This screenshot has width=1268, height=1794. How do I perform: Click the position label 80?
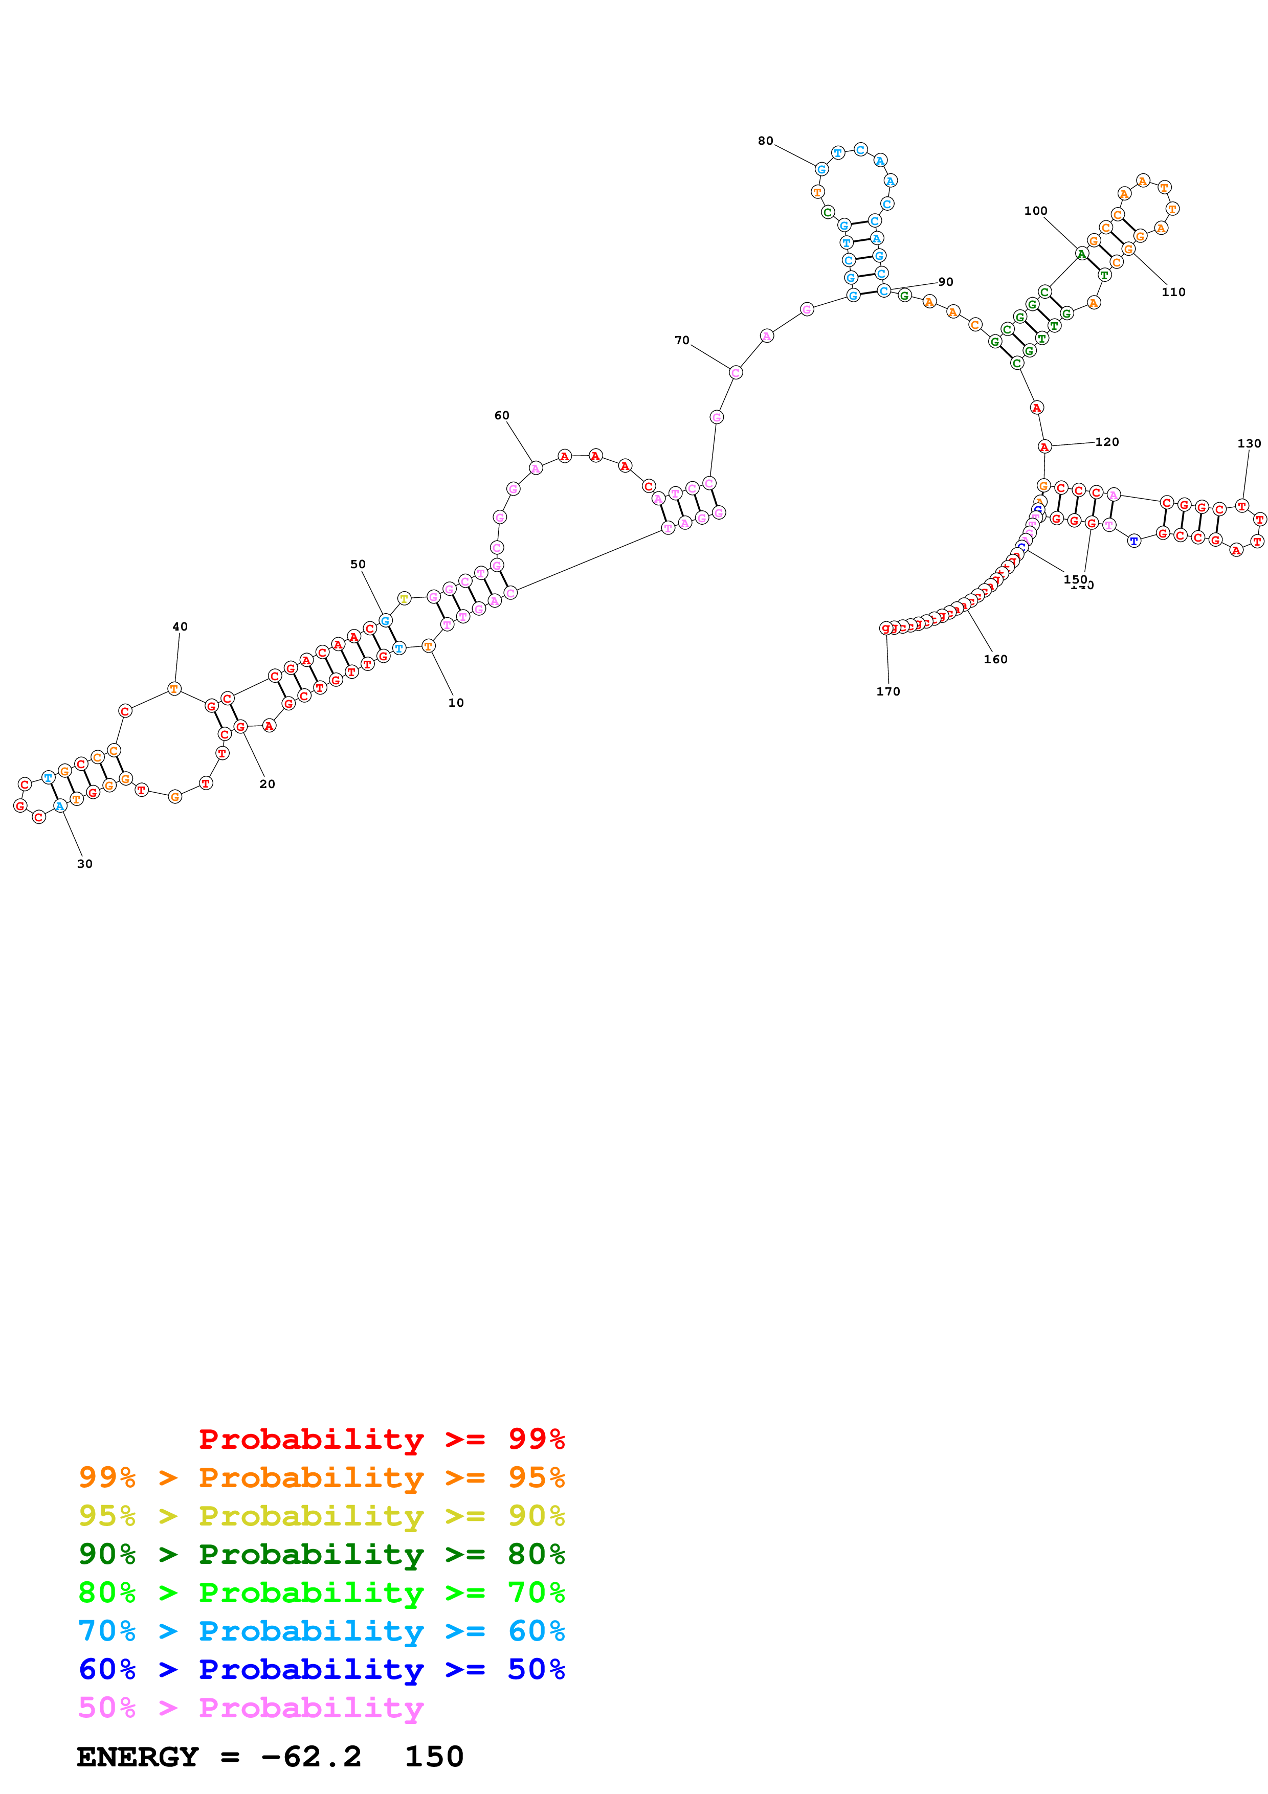[765, 141]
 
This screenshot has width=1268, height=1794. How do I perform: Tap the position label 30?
[84, 863]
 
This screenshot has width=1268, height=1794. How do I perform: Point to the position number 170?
[887, 691]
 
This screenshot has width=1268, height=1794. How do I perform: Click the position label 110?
[1173, 292]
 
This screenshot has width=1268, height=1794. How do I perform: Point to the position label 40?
[180, 626]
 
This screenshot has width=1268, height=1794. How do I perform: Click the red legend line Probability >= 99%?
[381, 1439]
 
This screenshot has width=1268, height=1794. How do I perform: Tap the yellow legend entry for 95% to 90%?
[321, 1516]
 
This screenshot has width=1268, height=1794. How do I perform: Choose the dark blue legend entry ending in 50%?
[321, 1670]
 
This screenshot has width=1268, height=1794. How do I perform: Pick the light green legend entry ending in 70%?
[321, 1593]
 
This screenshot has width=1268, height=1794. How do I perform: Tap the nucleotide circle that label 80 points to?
[821, 169]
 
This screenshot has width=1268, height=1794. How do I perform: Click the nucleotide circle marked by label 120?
[1044, 447]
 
